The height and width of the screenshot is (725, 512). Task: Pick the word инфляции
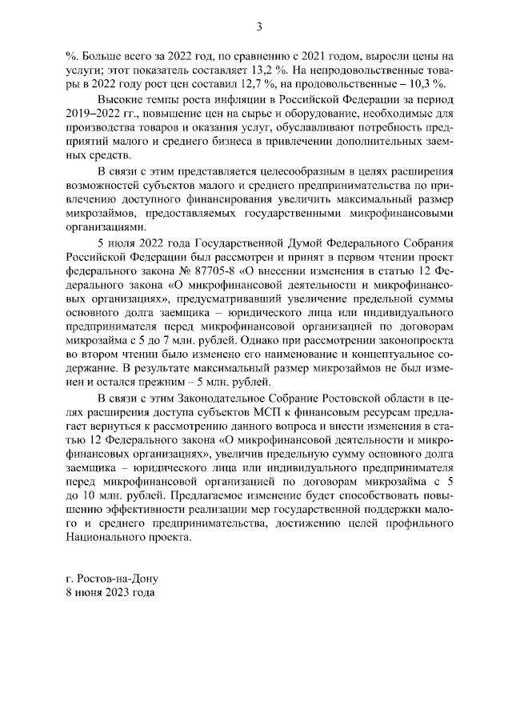(231, 104)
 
